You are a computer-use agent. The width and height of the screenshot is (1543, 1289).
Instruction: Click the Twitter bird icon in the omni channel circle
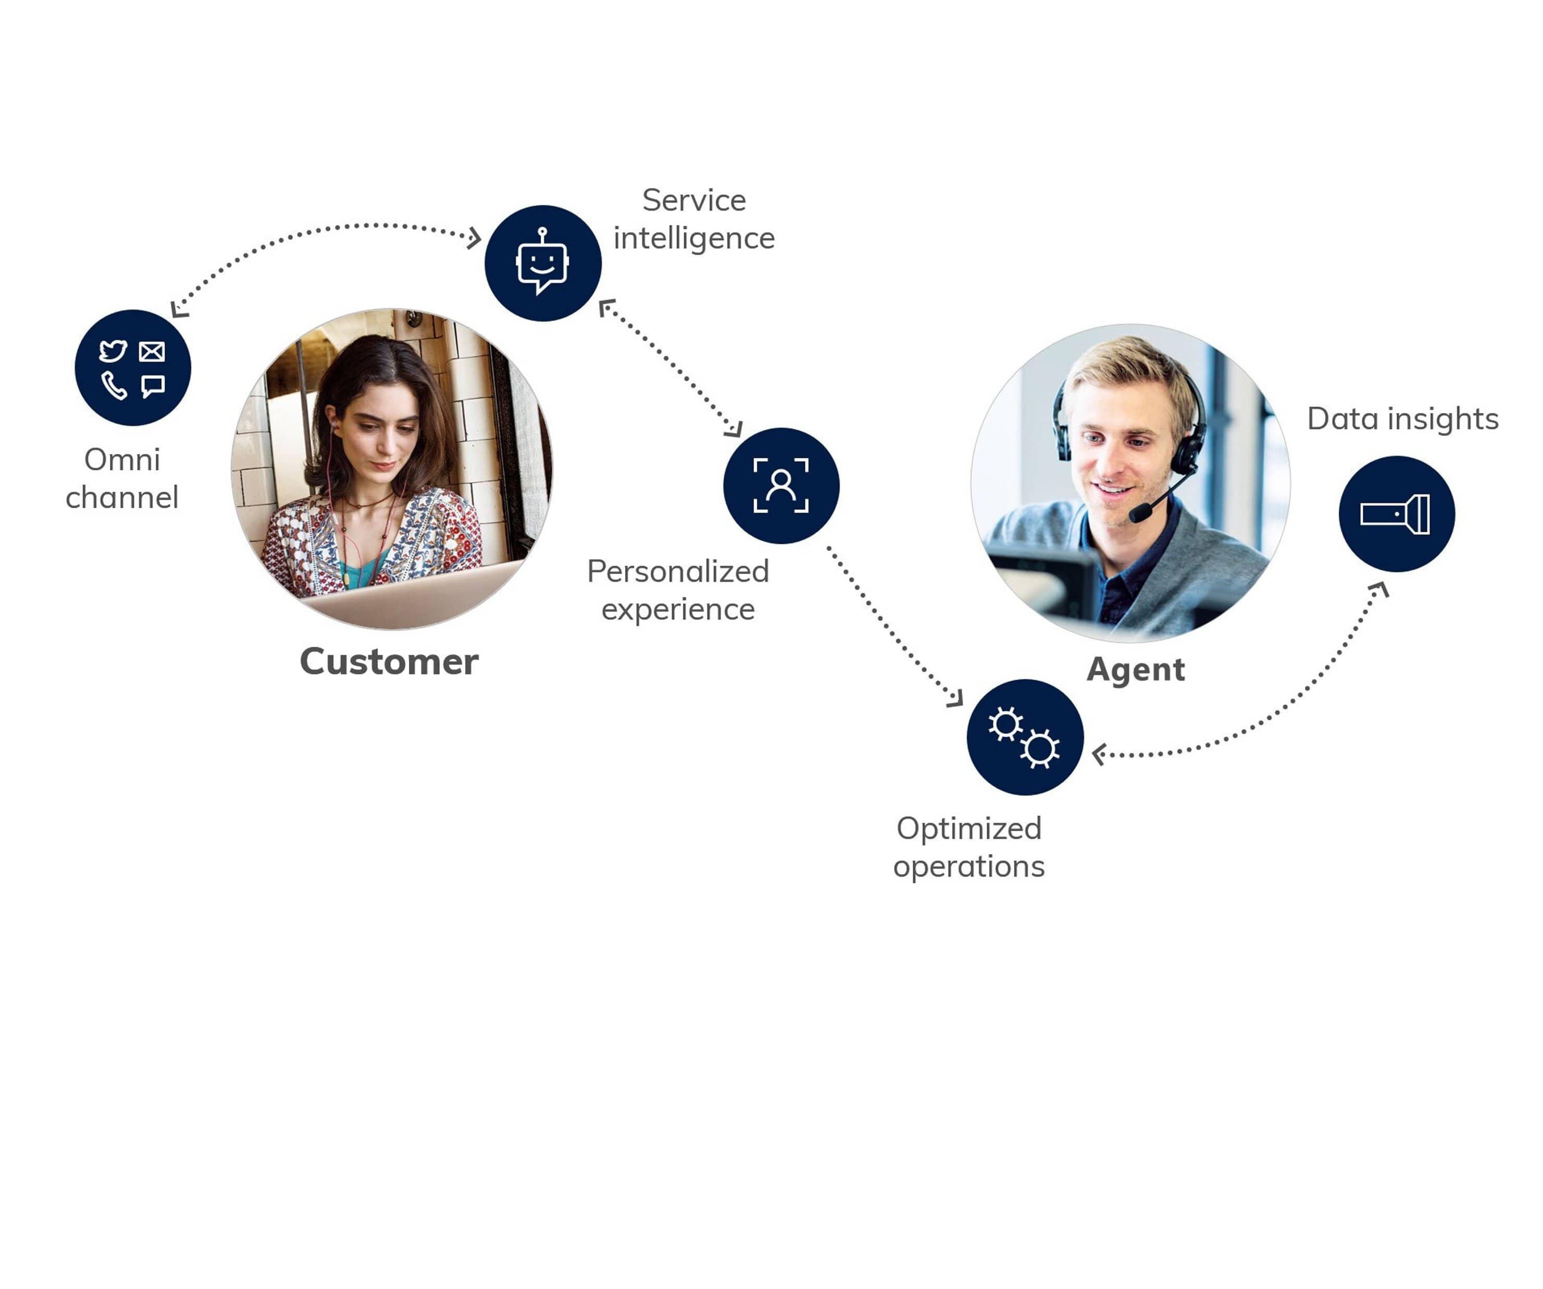click(113, 351)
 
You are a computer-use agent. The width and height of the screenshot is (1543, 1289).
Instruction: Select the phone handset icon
click(114, 385)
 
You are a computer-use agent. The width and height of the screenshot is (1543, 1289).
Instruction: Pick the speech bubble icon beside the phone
click(153, 385)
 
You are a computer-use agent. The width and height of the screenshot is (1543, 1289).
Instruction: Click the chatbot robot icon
click(542, 262)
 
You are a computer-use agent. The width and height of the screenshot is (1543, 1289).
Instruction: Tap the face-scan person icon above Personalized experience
click(781, 485)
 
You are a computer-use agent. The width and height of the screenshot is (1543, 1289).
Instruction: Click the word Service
click(693, 200)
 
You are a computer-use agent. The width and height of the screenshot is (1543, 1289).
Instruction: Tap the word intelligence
click(693, 239)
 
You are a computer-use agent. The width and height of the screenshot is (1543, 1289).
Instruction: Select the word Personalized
click(677, 571)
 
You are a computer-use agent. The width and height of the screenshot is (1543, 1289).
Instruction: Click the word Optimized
click(968, 829)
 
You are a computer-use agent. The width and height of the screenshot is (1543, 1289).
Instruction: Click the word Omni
click(122, 460)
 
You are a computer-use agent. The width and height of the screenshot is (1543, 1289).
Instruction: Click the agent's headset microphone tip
click(1139, 512)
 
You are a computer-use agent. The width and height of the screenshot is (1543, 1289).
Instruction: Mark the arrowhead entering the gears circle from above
click(955, 698)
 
